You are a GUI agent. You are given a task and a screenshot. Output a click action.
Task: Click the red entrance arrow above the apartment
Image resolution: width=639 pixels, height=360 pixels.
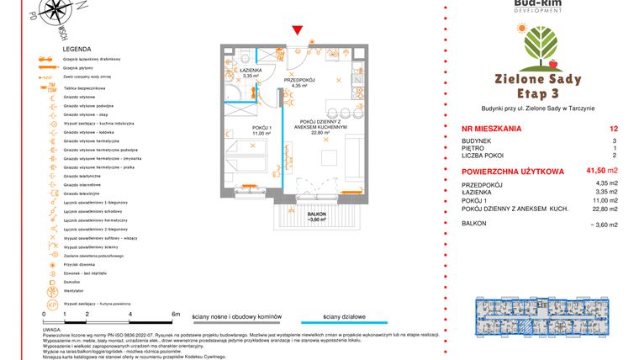[x=296, y=31]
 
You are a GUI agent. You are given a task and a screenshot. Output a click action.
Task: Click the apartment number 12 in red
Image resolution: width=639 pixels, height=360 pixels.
[x=613, y=129]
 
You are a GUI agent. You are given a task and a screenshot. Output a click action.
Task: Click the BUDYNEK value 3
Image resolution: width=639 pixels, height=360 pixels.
[x=615, y=141]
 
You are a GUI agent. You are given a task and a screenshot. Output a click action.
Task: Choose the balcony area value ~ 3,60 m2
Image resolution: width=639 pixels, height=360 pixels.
[x=603, y=225]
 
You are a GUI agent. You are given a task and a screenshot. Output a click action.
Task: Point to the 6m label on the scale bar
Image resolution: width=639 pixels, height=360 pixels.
[x=175, y=313]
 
